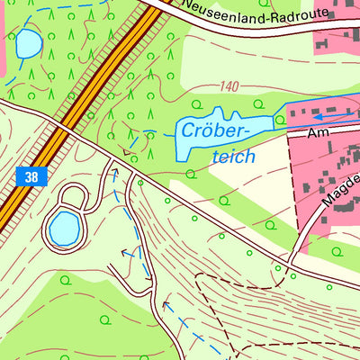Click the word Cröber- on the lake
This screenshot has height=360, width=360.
(214, 130)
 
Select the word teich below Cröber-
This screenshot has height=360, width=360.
(232, 156)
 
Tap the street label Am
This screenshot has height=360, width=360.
(317, 132)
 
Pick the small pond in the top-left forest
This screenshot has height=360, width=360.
(27, 42)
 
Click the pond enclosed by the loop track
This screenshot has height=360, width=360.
(64, 229)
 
